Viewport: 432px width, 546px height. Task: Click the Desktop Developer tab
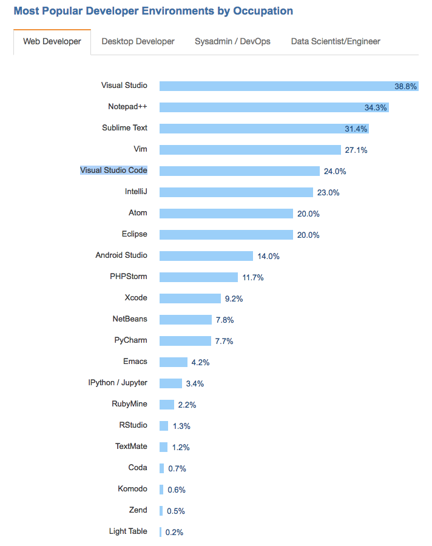point(138,41)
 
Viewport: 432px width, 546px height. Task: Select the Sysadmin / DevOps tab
point(232,41)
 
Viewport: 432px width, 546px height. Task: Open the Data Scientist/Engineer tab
point(336,41)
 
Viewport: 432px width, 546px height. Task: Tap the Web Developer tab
point(52,42)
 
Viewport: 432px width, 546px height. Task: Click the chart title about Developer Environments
point(153,11)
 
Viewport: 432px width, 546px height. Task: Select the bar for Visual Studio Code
point(239,171)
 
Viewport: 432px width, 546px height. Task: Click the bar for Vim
point(250,150)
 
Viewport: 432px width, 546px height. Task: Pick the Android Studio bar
point(206,256)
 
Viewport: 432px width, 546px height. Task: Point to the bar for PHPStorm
point(198,277)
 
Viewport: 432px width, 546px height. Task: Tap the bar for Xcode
point(190,298)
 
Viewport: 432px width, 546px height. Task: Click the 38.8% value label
point(405,87)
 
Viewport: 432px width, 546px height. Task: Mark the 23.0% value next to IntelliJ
point(328,193)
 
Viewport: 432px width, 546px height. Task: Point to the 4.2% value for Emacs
point(200,363)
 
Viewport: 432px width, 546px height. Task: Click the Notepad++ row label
point(127,107)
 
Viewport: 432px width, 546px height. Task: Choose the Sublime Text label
point(124,128)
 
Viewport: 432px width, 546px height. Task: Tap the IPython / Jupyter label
point(117,383)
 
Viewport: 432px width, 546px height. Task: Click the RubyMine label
point(129,404)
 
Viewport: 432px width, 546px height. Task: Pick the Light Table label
point(127,531)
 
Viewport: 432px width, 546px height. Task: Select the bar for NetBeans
point(186,320)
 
